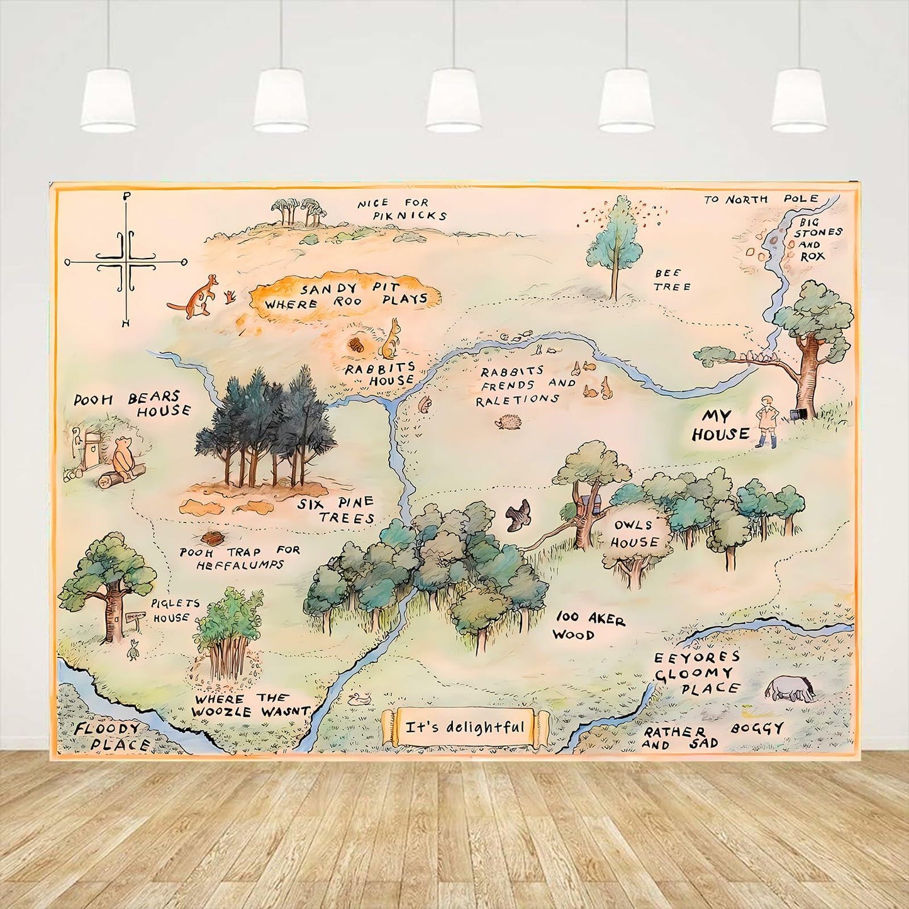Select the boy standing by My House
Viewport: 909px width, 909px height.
[766, 421]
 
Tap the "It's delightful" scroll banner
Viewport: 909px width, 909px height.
[465, 728]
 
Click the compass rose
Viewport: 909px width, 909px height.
[128, 260]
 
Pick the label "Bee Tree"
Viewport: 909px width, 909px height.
[671, 280]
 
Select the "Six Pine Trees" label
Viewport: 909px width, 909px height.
[337, 510]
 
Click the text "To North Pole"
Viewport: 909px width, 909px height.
[761, 199]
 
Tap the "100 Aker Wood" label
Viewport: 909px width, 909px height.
[588, 626]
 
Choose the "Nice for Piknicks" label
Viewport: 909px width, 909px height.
[401, 209]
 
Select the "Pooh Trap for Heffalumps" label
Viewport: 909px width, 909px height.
[240, 557]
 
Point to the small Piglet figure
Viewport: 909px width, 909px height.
[133, 649]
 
